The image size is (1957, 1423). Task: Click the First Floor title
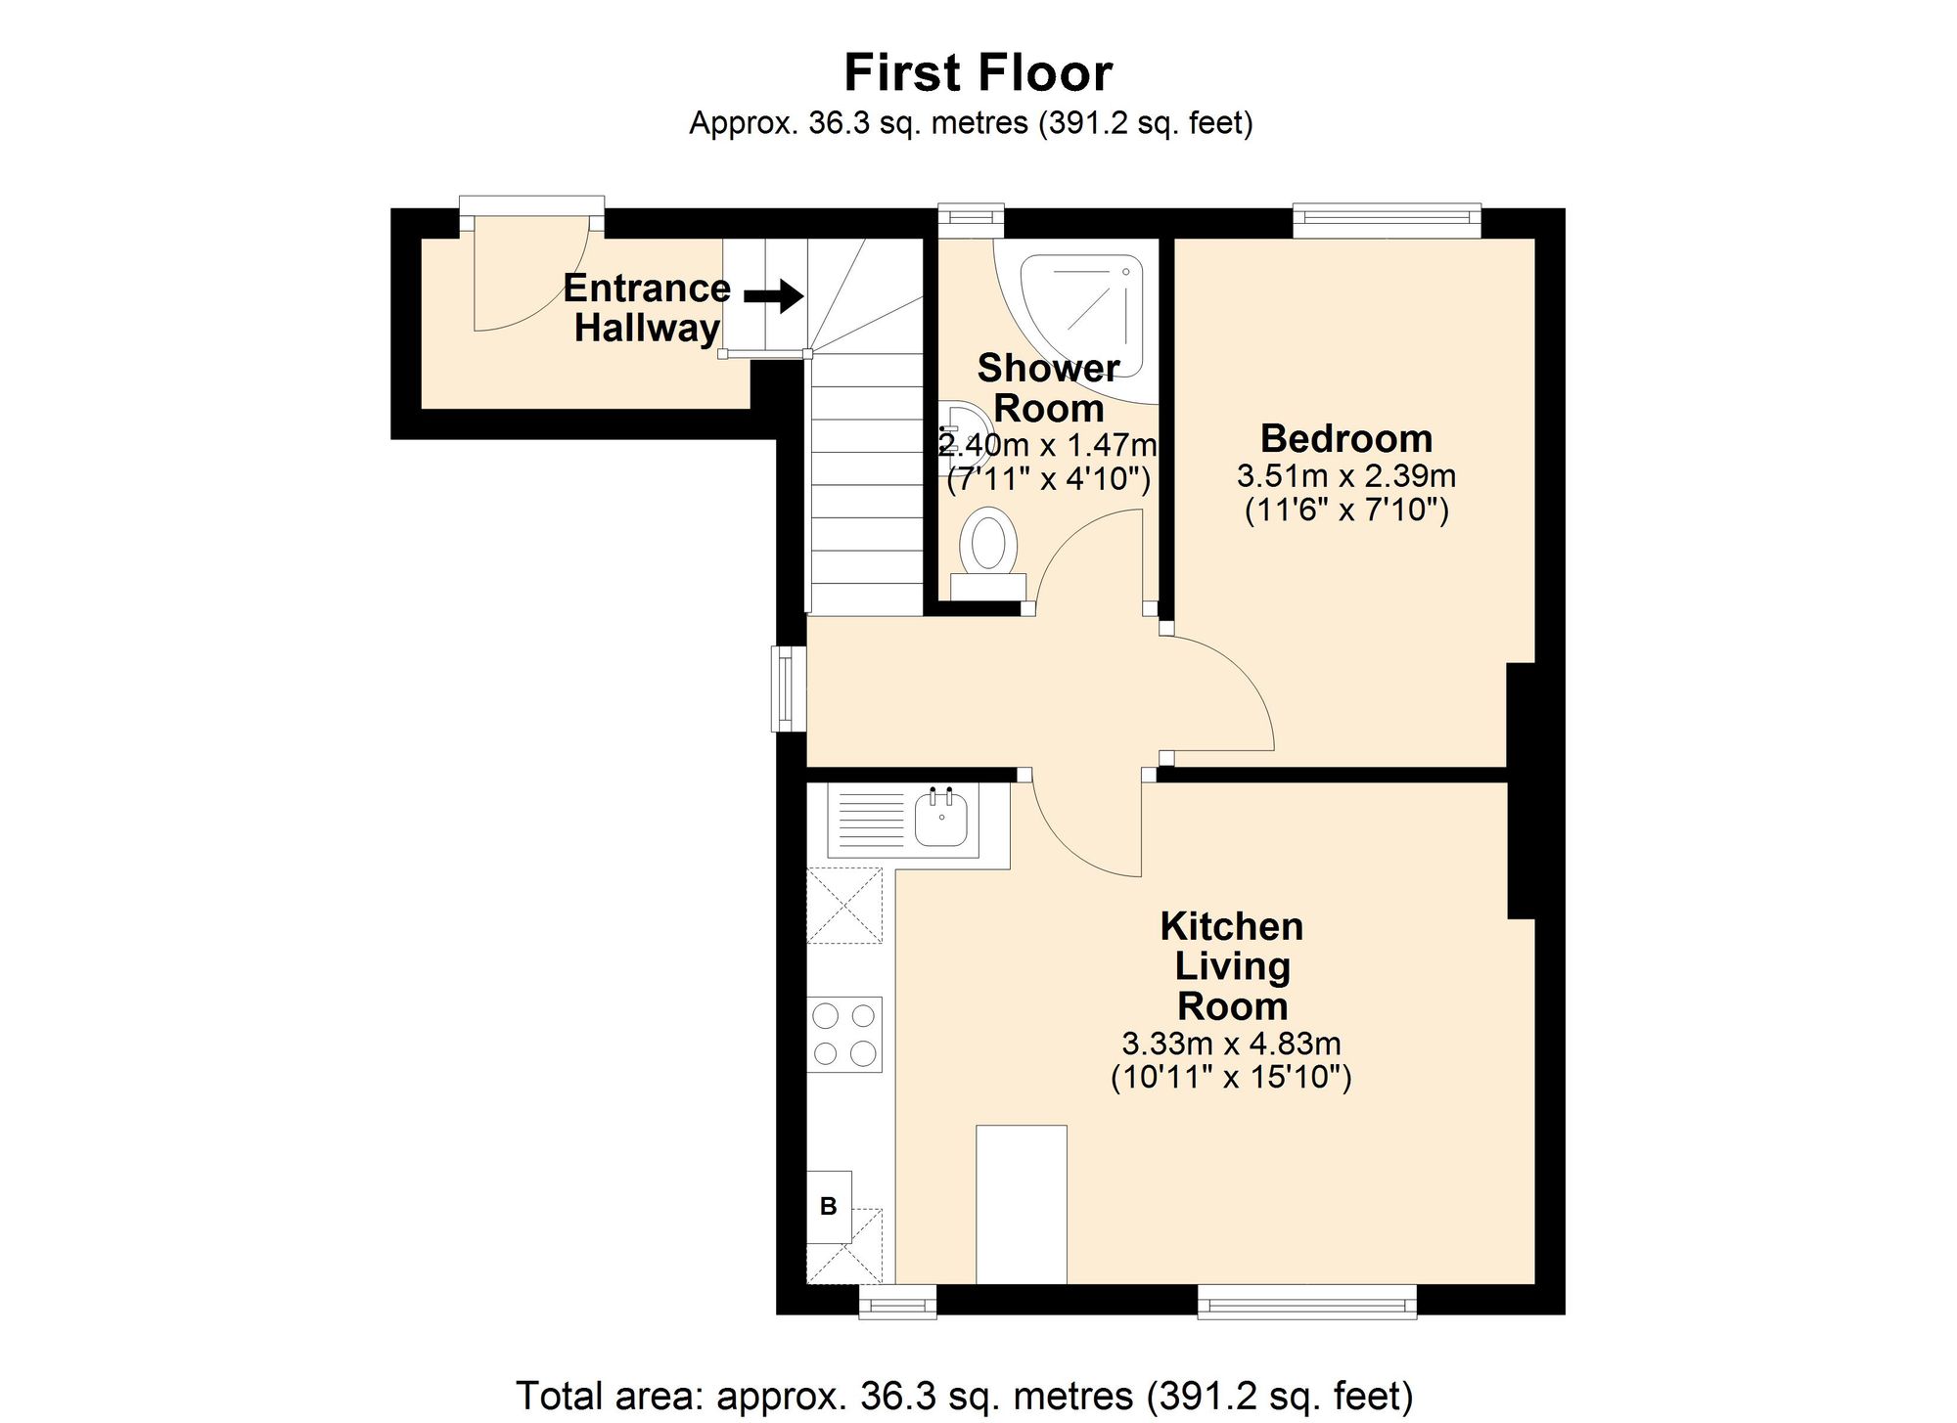978,72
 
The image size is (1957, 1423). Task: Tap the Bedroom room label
1345,437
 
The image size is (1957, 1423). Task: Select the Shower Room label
1048,387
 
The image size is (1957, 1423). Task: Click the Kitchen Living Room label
1232,965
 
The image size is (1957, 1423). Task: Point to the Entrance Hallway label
647,307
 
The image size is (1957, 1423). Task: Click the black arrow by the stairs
774,295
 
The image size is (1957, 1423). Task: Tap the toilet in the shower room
986,554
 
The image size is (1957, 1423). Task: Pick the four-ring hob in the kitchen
844,1035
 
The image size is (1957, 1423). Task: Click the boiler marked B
829,1207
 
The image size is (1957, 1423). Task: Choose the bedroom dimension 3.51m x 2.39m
1346,476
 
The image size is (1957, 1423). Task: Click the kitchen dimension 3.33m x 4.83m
1231,1044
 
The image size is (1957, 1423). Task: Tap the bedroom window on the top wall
1387,220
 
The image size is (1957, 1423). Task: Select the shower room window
971,220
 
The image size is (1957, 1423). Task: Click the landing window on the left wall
788,689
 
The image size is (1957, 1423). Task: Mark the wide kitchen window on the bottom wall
1307,1301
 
